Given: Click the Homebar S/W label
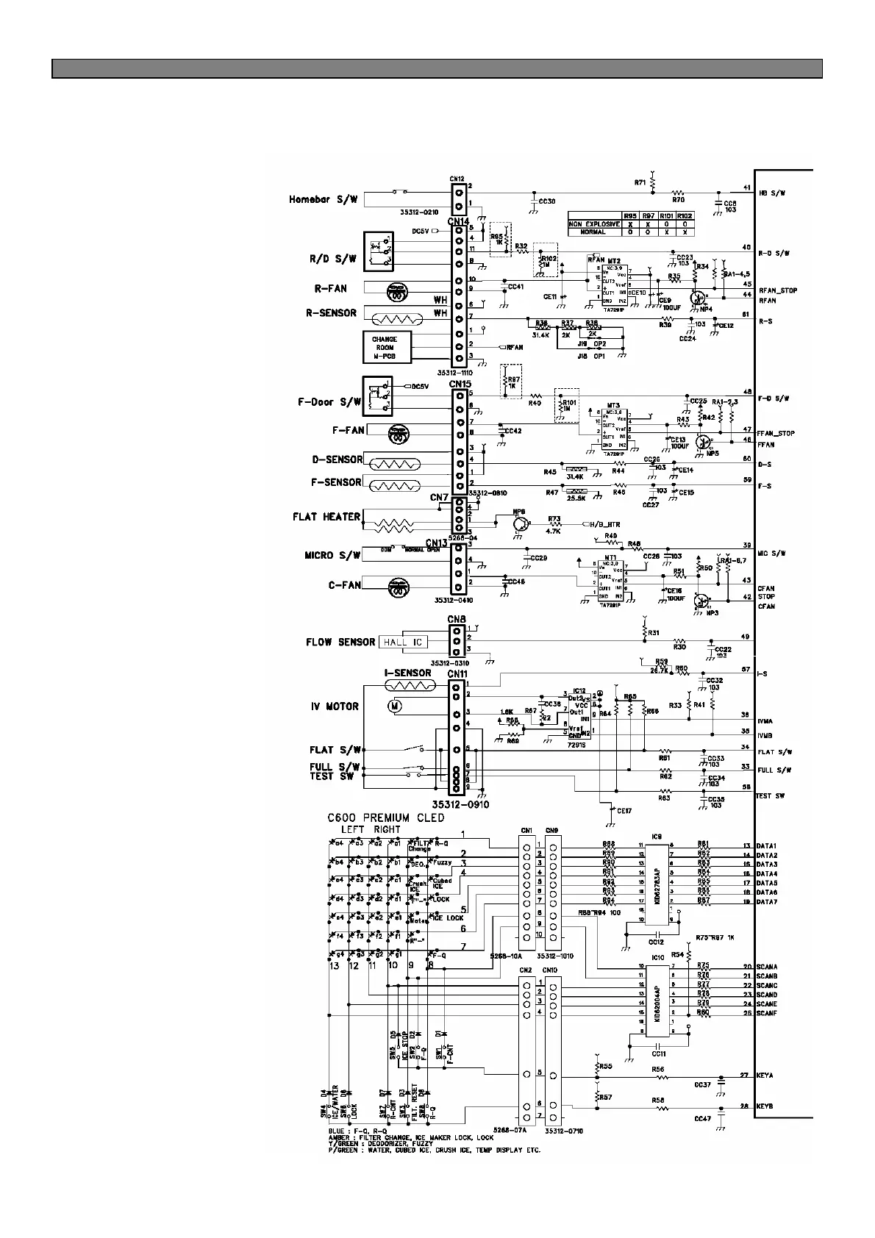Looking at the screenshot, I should coord(323,199).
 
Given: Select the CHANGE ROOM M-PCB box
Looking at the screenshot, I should coord(385,348).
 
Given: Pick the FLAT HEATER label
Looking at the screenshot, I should coord(326,517).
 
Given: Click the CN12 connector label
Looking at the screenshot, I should coord(457,179).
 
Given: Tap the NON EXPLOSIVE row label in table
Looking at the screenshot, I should coord(595,223).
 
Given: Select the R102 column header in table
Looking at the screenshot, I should coord(685,215).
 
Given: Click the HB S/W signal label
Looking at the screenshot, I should coord(773,193).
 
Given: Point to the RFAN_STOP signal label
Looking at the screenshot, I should coord(777,290).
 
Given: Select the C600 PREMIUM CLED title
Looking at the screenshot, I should coord(385,818).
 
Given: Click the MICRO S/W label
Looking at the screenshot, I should coord(332,555).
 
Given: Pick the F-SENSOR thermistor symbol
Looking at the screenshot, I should coord(393,485).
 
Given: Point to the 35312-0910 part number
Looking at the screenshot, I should coord(462,804).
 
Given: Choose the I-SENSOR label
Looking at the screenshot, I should coord(407,673).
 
